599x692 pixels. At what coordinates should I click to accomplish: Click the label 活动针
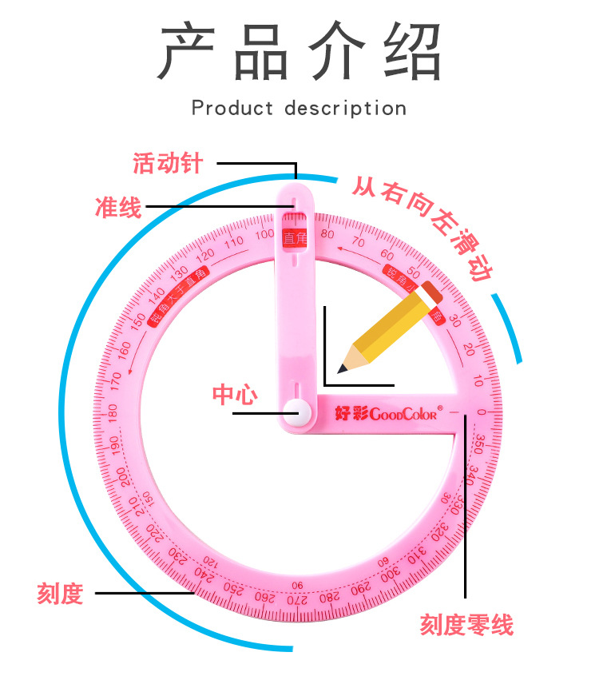(168, 164)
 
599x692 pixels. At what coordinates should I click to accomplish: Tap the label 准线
(117, 209)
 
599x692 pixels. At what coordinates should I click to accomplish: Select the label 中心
(234, 394)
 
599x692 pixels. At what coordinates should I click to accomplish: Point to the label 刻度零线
(466, 625)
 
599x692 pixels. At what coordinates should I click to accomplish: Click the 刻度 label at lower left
(60, 594)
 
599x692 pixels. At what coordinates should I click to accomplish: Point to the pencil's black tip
(343, 368)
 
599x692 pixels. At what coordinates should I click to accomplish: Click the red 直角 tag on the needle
(295, 237)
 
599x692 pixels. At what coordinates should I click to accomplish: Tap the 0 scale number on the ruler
(481, 412)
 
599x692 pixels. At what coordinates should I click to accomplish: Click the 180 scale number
(112, 412)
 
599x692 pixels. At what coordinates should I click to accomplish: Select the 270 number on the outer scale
(296, 599)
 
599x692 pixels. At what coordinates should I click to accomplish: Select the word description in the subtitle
(345, 108)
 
